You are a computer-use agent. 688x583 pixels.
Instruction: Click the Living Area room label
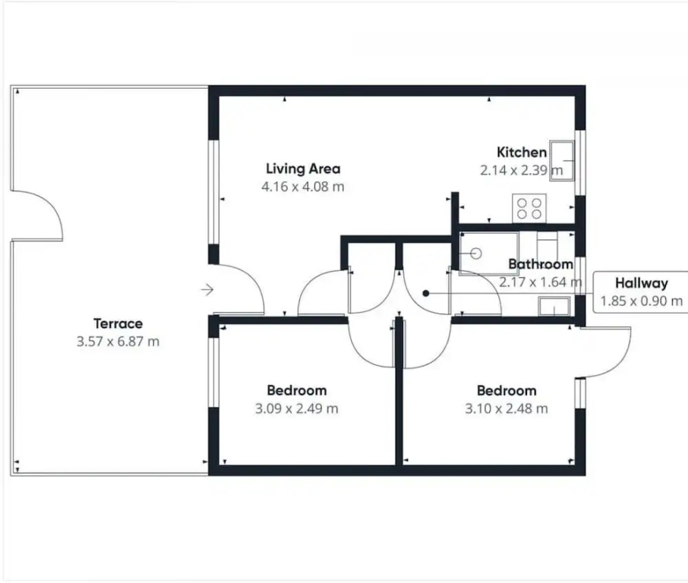pyautogui.click(x=303, y=169)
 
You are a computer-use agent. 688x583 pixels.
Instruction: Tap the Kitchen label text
pyautogui.click(x=522, y=153)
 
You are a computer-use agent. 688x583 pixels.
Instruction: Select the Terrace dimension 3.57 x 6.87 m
pyautogui.click(x=118, y=342)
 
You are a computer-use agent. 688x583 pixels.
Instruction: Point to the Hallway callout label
pyautogui.click(x=641, y=283)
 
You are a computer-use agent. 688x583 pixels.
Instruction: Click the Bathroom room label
pyautogui.click(x=541, y=264)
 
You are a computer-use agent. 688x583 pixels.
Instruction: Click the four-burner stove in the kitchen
pyautogui.click(x=529, y=208)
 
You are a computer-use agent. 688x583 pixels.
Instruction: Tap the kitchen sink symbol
pyautogui.click(x=562, y=161)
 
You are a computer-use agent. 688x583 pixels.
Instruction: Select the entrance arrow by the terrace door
pyautogui.click(x=207, y=290)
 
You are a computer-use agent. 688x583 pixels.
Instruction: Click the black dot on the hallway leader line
pyautogui.click(x=425, y=294)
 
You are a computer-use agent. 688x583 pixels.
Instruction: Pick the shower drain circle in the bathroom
pyautogui.click(x=476, y=254)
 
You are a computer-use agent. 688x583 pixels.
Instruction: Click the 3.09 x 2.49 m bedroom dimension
pyautogui.click(x=297, y=409)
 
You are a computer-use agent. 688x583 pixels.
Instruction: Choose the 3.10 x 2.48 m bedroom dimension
pyautogui.click(x=507, y=409)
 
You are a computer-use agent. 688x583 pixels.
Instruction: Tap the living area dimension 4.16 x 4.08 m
pyautogui.click(x=303, y=187)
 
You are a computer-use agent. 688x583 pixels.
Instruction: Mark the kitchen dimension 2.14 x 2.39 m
pyautogui.click(x=521, y=170)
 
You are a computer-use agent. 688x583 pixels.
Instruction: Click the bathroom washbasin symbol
pyautogui.click(x=554, y=306)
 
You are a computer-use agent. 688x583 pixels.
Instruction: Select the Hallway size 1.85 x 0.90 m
pyautogui.click(x=641, y=301)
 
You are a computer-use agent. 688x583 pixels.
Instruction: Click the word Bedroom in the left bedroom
pyautogui.click(x=297, y=390)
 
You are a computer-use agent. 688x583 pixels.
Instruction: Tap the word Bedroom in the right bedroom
pyautogui.click(x=507, y=390)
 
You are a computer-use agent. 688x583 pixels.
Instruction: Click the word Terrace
pyautogui.click(x=118, y=323)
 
